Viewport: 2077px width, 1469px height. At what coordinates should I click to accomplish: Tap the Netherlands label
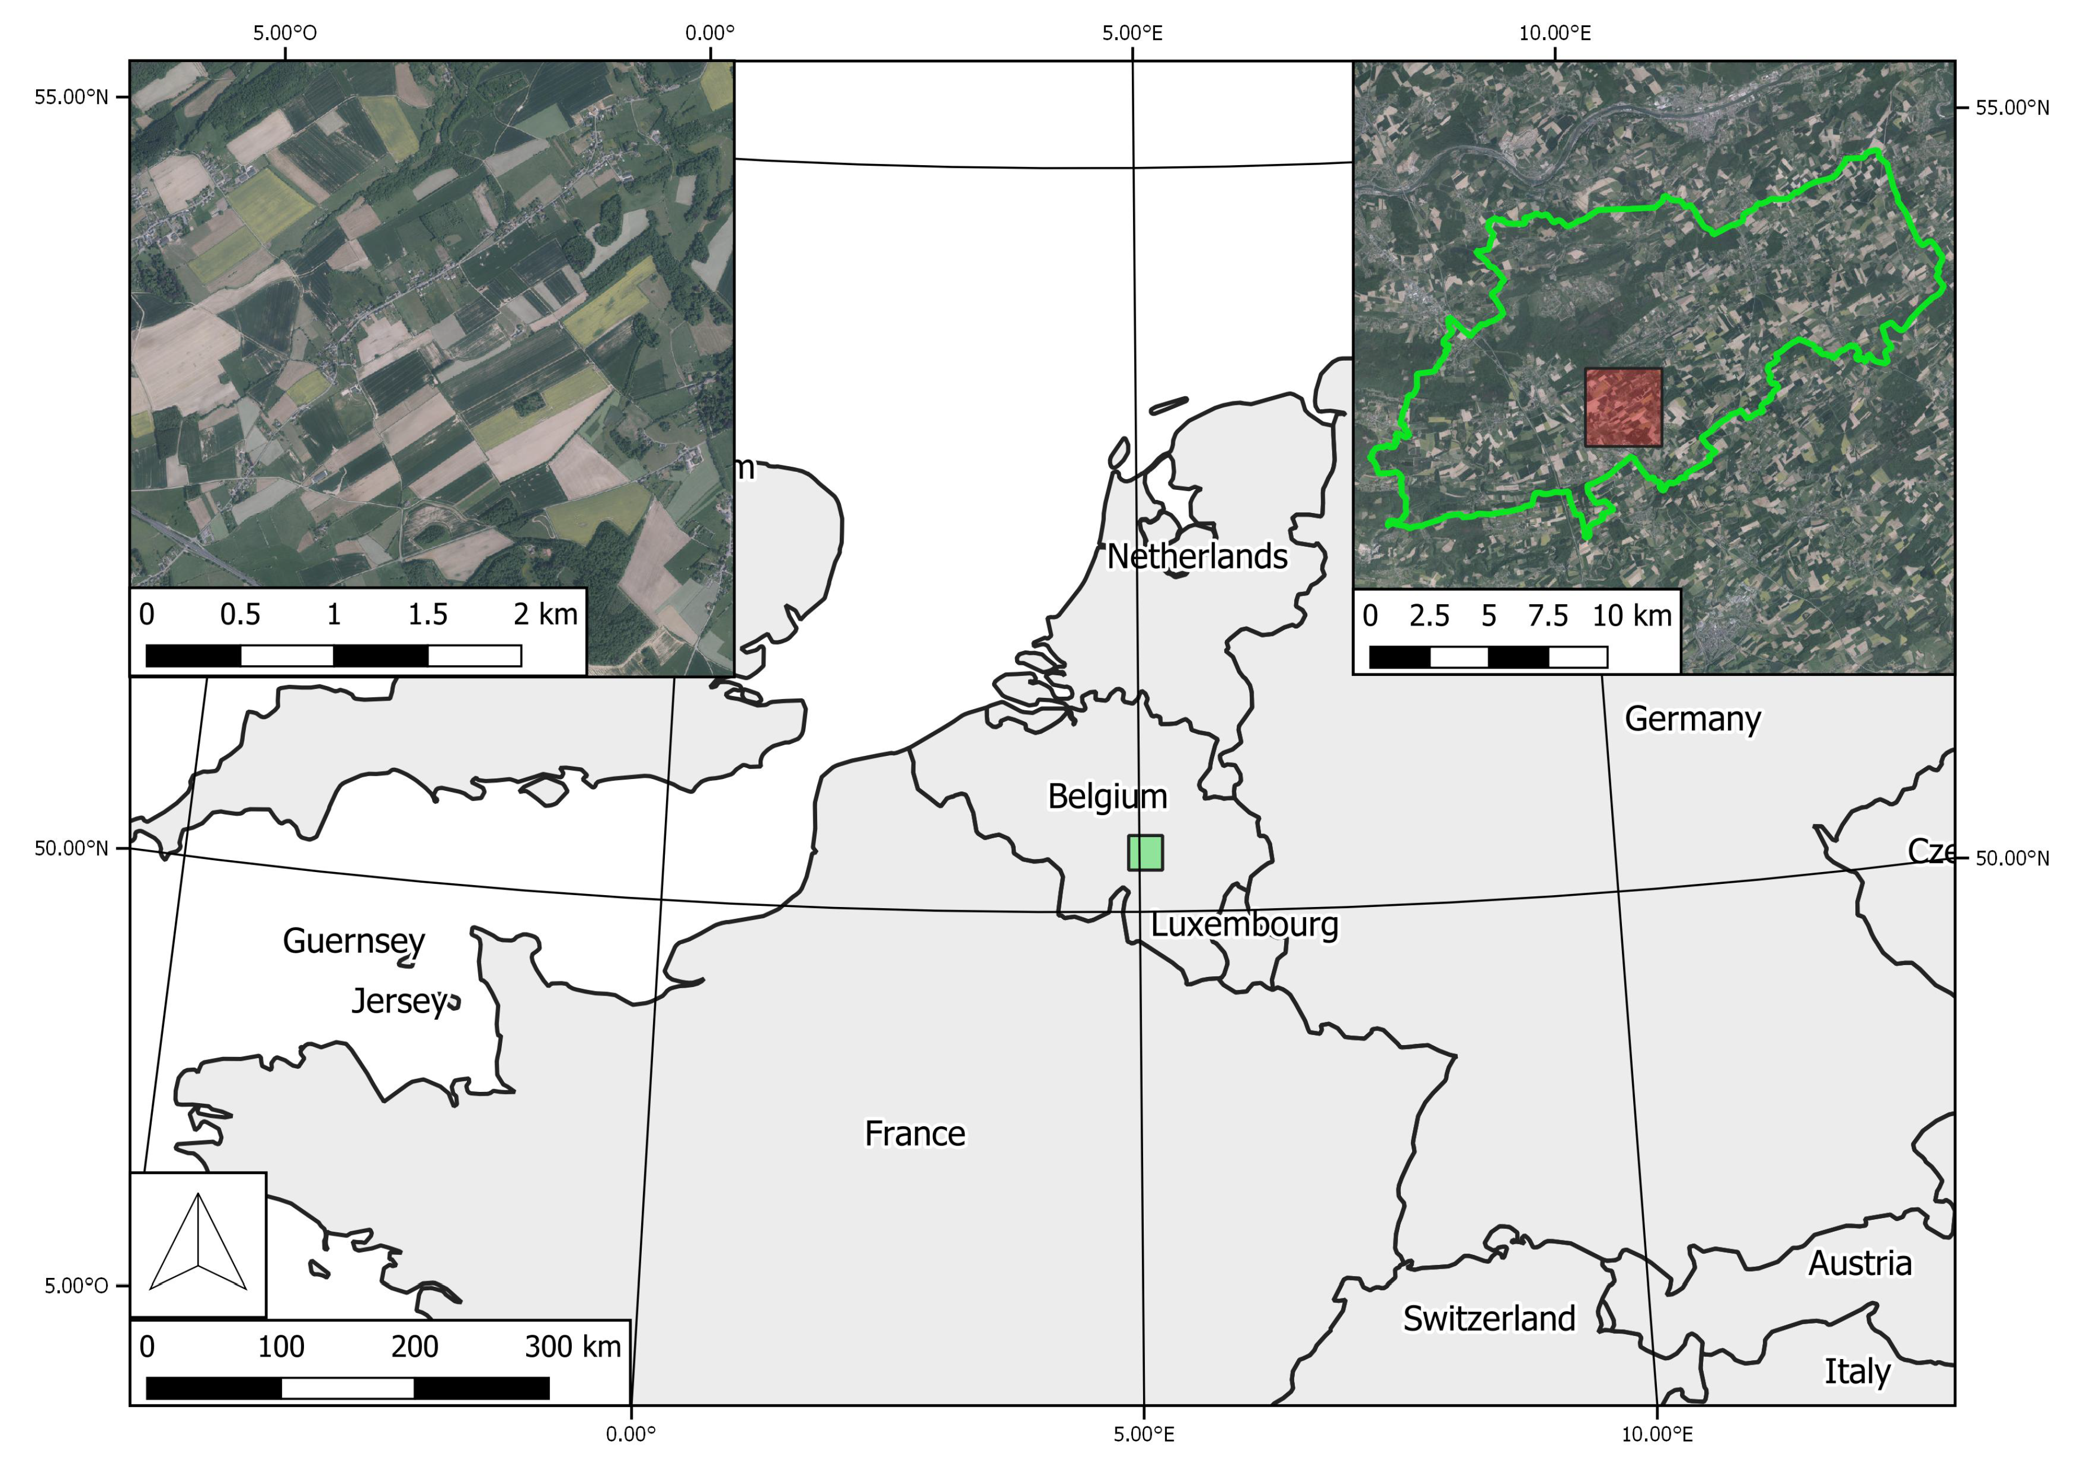click(1197, 557)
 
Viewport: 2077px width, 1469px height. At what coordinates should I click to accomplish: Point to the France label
click(914, 1134)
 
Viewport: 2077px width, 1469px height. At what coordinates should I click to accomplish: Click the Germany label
click(1692, 720)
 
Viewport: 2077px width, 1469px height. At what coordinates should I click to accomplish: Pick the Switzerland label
click(1489, 1319)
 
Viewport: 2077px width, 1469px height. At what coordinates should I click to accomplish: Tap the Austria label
click(1860, 1264)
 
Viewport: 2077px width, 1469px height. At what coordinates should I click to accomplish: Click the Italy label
click(1856, 1372)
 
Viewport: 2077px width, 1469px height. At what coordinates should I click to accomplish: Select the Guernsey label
click(354, 941)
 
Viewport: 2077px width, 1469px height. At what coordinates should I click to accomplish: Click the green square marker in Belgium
click(1145, 853)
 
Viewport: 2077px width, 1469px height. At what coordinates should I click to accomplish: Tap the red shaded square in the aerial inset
click(1622, 407)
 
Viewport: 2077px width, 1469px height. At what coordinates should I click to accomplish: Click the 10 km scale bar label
click(1631, 616)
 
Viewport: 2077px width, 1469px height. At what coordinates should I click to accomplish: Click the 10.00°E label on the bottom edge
click(1656, 1433)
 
